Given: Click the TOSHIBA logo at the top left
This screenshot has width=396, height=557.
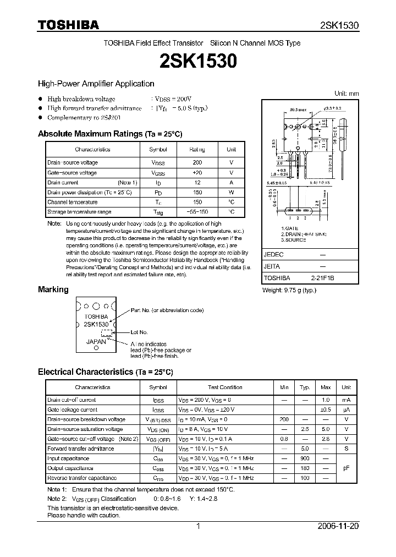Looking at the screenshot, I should point(68,24).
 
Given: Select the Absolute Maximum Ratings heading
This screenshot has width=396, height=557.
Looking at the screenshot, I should point(109,134).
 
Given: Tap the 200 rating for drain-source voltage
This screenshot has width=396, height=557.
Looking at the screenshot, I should point(197,163).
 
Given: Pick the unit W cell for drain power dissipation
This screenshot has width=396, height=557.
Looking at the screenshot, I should point(232,193).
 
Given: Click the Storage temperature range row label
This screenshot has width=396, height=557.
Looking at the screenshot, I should point(79,212).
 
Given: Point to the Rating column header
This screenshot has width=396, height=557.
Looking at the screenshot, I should point(197,149).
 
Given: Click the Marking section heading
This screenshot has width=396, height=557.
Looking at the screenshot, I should point(53,290).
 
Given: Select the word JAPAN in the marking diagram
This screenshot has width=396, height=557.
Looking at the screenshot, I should point(96,341).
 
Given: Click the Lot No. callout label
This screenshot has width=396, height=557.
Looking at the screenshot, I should point(139,332).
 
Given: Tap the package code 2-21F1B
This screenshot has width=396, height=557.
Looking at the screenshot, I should point(322,278).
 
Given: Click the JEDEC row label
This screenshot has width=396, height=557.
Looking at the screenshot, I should point(274,255).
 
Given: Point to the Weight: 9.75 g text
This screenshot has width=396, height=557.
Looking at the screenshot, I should point(289,290).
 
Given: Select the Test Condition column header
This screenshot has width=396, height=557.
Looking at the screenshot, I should point(225,387).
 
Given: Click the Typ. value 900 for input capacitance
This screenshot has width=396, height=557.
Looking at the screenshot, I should point(305,458).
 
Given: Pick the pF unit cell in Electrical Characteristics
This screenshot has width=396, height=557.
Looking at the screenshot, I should point(346,468).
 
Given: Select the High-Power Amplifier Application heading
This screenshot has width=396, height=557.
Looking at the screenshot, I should point(96,84).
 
